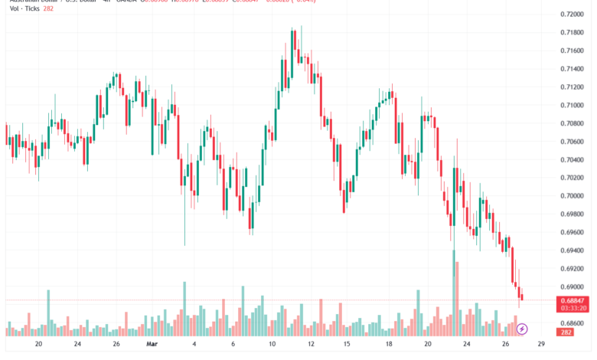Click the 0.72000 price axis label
coord(572,15)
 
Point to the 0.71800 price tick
coord(572,32)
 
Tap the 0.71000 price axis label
coord(572,105)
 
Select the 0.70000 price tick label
coord(572,196)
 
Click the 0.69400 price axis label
coord(572,250)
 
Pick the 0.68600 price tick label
coord(572,323)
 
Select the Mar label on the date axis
coord(152,345)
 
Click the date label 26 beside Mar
coord(116,345)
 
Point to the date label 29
coord(541,345)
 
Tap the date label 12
coord(312,345)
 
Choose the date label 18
coord(390,345)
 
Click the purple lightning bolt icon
coord(523,329)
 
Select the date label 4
coord(194,345)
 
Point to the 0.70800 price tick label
coord(572,123)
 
